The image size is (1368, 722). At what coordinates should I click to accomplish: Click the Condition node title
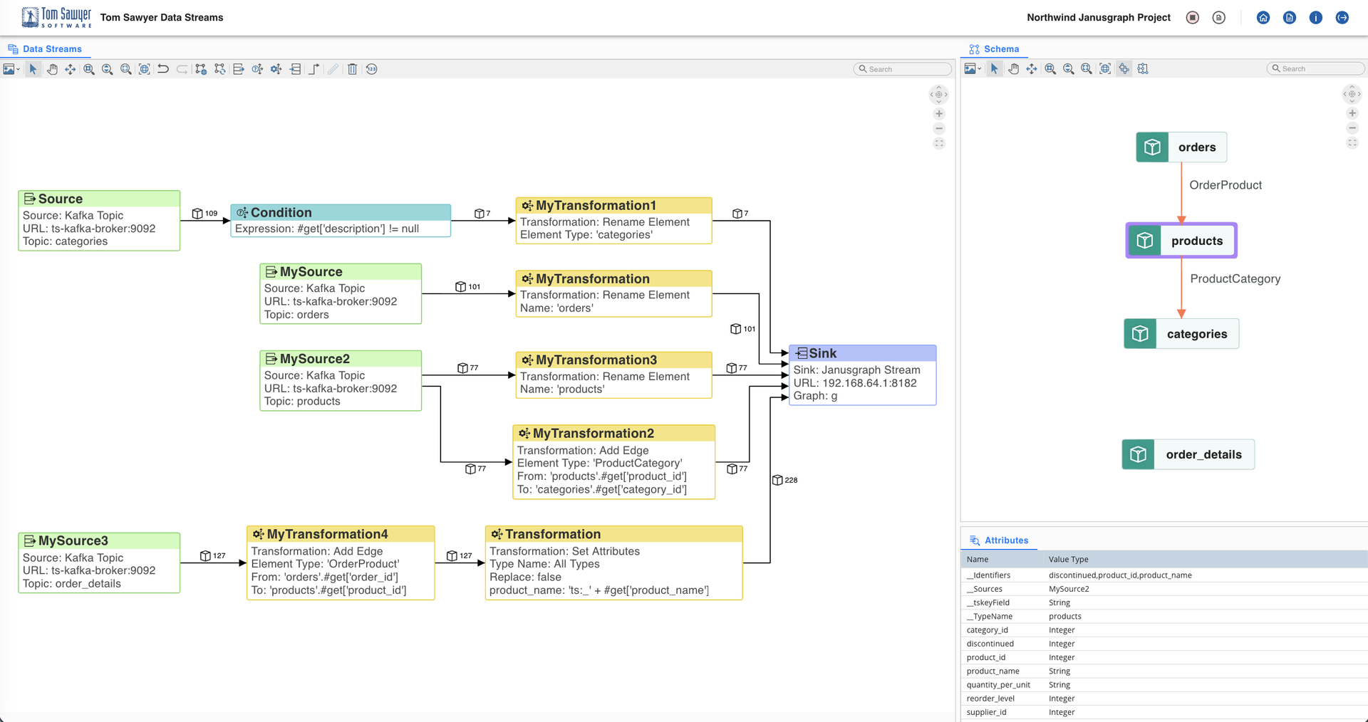click(x=281, y=212)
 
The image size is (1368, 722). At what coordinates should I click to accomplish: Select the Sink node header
click(x=822, y=353)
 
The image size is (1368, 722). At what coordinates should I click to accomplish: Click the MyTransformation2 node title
click(x=593, y=433)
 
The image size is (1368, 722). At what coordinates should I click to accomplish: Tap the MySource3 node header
click(x=73, y=540)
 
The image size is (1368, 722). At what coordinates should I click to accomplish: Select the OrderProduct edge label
click(x=1225, y=185)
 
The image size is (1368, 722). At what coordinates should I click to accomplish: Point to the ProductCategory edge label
click(x=1235, y=278)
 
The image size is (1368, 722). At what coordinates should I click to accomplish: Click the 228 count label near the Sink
click(x=790, y=480)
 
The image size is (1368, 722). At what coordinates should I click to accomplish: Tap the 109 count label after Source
click(x=210, y=214)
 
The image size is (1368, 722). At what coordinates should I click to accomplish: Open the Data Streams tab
click(x=51, y=49)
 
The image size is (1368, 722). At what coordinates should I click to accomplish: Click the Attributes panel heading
click(x=1006, y=540)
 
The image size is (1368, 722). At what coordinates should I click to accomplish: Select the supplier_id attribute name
click(x=986, y=712)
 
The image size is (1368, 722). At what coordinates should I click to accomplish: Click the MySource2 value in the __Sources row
click(x=1069, y=589)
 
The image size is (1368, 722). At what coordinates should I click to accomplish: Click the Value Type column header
click(x=1068, y=559)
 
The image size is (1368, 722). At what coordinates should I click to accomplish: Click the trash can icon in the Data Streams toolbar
click(x=352, y=69)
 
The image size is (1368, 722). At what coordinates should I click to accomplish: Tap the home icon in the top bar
click(x=1263, y=17)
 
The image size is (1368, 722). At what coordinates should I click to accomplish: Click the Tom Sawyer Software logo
click(x=56, y=17)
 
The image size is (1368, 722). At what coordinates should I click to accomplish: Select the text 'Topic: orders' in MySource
click(x=296, y=315)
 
